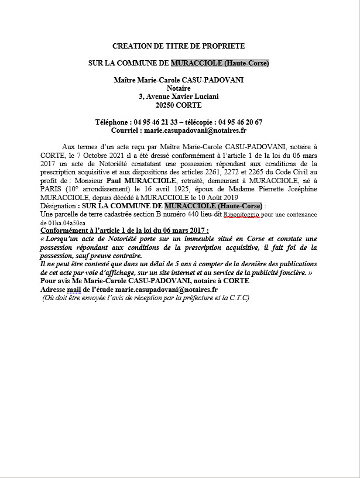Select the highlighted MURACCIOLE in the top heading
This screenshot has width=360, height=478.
(x=194, y=63)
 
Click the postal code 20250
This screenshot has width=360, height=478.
(x=166, y=105)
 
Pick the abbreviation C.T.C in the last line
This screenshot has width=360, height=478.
(x=239, y=298)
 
